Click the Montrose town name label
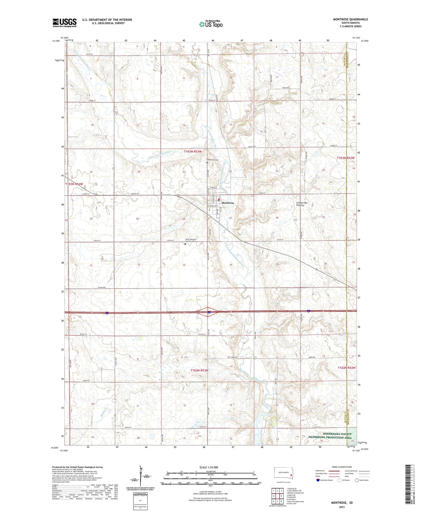click(x=228, y=203)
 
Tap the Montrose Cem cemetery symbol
click(x=207, y=162)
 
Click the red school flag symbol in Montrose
click(x=219, y=199)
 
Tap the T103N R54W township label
click(x=74, y=184)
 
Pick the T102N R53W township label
click(x=200, y=370)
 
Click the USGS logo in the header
click(x=65, y=23)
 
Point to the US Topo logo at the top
click(x=211, y=24)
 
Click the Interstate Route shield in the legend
click(x=318, y=480)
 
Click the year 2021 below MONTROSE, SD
click(x=342, y=507)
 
